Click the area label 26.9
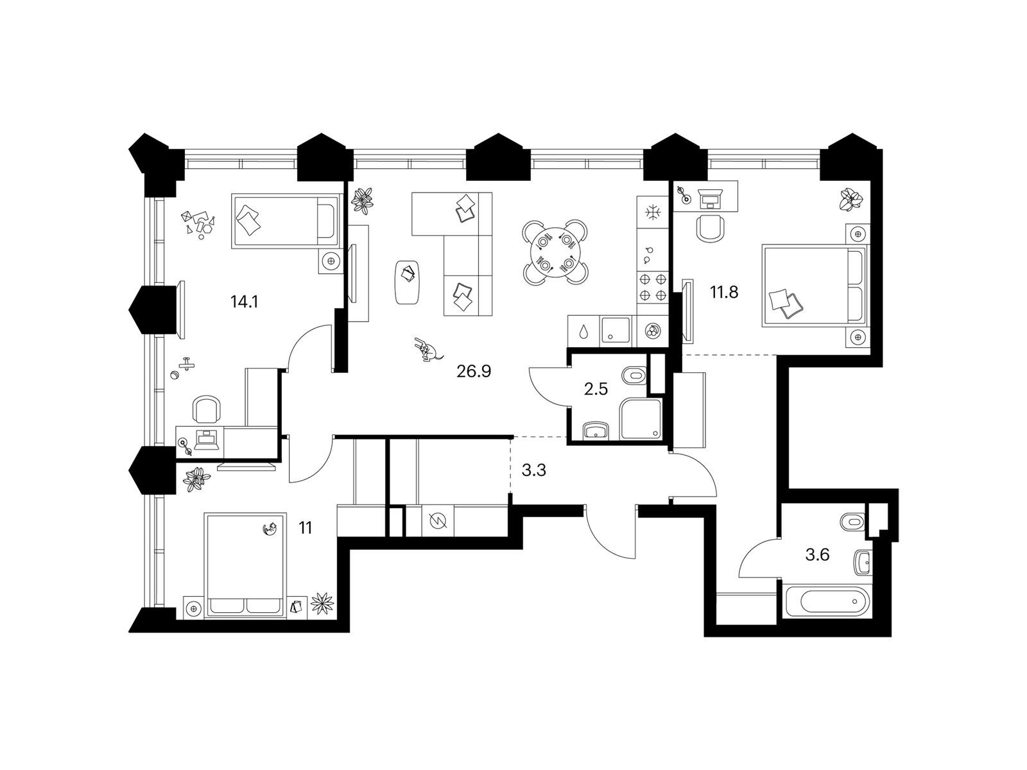click(474, 371)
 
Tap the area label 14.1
click(244, 301)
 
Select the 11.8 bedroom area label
click(724, 293)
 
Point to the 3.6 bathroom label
click(817, 554)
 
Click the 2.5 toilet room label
click(596, 389)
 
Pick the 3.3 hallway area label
click(533, 471)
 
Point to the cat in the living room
click(426, 350)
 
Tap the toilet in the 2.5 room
click(635, 374)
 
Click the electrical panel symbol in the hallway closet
click(436, 520)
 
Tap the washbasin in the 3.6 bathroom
click(863, 561)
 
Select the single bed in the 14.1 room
click(284, 221)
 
